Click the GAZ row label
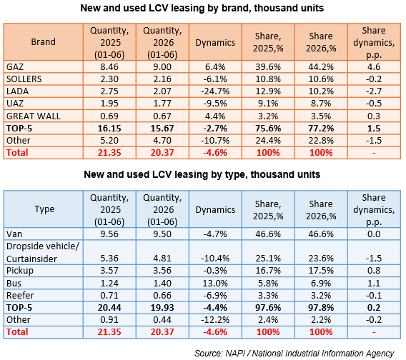pyautogui.click(x=15, y=66)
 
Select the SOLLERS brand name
pyautogui.click(x=24, y=79)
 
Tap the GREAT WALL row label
pyautogui.click(x=33, y=116)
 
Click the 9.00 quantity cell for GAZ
pyautogui.click(x=162, y=66)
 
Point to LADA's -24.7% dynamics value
pyautogui.click(x=215, y=91)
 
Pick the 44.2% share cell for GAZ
pyautogui.click(x=321, y=66)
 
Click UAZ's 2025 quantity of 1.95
pyautogui.click(x=109, y=104)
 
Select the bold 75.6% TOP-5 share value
pyautogui.click(x=268, y=129)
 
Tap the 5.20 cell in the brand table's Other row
pyautogui.click(x=109, y=140)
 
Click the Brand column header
pyautogui.click(x=43, y=42)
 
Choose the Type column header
pyautogui.click(x=44, y=209)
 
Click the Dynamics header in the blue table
pyautogui.click(x=215, y=209)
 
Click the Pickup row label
pyautogui.click(x=20, y=271)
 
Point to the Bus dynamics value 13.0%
pyautogui.click(x=215, y=283)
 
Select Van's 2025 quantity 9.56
pyautogui.click(x=109, y=234)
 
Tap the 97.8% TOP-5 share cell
pyautogui.click(x=321, y=307)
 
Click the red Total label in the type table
pyautogui.click(x=17, y=332)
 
